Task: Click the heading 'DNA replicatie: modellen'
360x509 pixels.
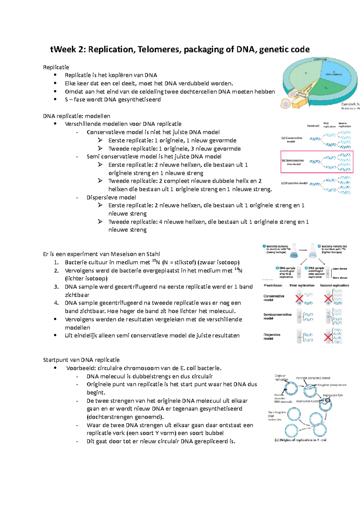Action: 76,116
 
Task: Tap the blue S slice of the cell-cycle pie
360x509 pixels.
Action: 334,73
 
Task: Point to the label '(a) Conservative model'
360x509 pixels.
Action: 292,140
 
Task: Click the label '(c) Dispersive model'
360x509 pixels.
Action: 294,183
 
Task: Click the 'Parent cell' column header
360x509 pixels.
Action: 313,126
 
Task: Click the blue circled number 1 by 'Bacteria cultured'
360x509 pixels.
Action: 264,246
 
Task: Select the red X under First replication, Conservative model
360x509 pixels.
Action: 299,299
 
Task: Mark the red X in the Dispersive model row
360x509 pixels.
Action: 328,338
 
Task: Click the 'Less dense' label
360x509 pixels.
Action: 340,269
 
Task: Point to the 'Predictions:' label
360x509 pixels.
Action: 273,286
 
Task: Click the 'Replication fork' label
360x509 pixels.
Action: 333,395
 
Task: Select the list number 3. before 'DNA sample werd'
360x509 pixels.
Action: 56,287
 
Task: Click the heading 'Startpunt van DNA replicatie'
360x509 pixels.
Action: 81,360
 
